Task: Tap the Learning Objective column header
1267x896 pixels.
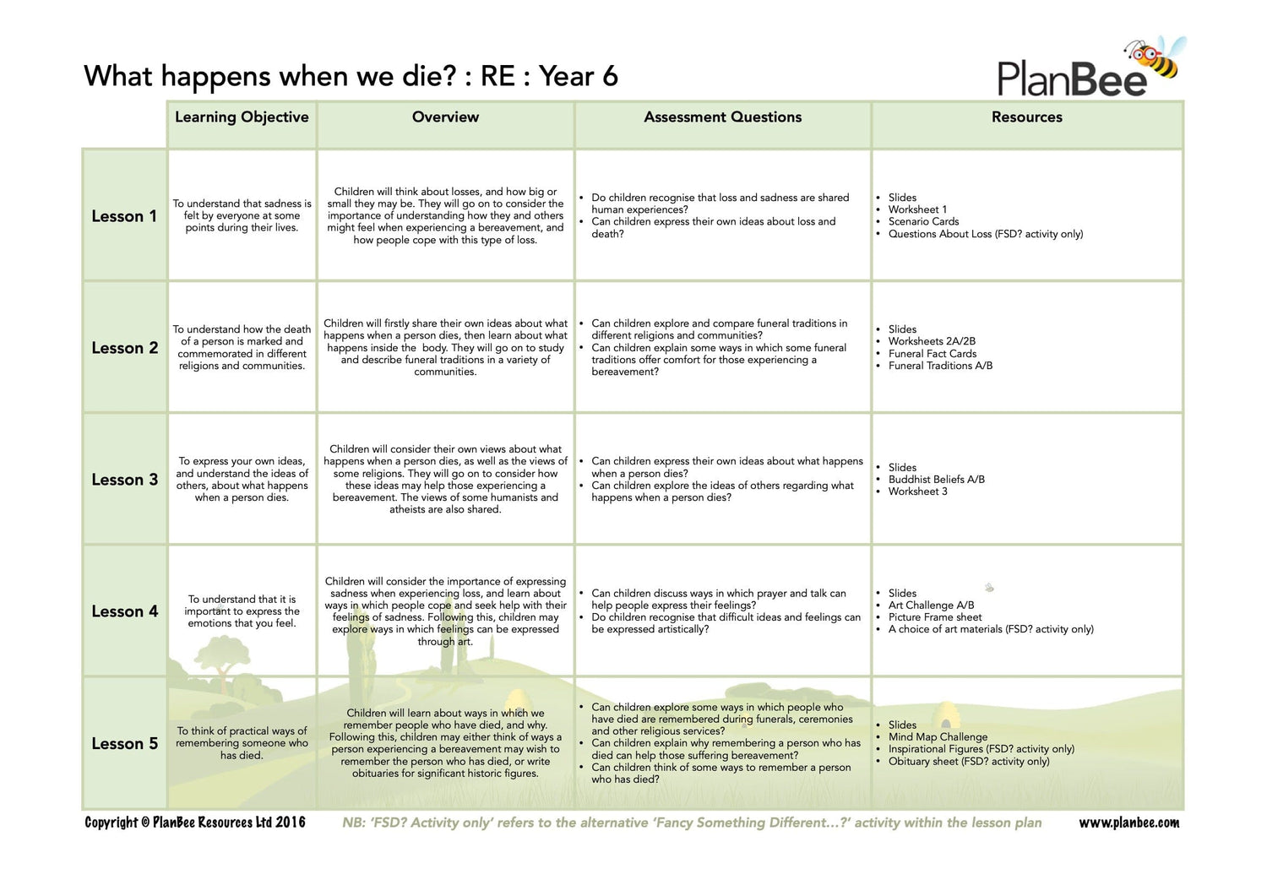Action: (x=242, y=117)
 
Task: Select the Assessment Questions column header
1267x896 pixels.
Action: (x=722, y=117)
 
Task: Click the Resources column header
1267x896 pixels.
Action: (x=1026, y=117)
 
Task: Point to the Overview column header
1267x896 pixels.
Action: (x=445, y=117)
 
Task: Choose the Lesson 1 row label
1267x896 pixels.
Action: (x=124, y=216)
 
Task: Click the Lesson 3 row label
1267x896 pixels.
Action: (x=124, y=480)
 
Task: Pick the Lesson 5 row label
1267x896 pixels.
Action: (x=124, y=744)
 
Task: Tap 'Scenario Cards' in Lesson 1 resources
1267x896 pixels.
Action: (x=923, y=222)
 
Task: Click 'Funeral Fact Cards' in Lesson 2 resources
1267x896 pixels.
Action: (x=932, y=354)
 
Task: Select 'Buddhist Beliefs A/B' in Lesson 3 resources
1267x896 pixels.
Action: (x=936, y=480)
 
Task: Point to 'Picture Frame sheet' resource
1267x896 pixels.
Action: (x=934, y=617)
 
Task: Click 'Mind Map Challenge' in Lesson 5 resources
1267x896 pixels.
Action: (x=938, y=737)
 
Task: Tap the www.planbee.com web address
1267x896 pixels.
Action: (x=1128, y=823)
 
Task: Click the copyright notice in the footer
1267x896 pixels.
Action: (x=195, y=823)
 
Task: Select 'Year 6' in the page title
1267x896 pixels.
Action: (x=579, y=77)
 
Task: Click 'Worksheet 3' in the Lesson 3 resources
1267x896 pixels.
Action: (x=917, y=491)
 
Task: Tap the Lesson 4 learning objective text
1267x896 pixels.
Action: (x=242, y=611)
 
